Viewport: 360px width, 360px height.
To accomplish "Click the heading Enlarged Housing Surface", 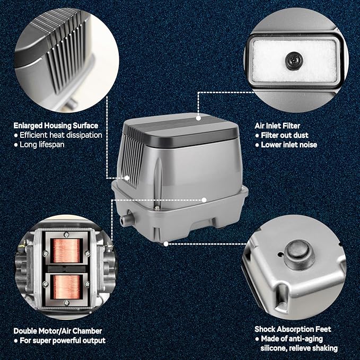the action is coord(56,126).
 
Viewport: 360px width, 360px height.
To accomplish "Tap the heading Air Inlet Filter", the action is coord(277,126).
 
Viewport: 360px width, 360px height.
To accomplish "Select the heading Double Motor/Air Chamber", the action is coord(58,331).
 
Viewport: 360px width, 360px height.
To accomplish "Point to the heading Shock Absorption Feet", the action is coord(293,329).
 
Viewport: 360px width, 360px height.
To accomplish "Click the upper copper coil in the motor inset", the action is coord(67,250).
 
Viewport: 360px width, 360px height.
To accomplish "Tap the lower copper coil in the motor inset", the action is coord(67,287).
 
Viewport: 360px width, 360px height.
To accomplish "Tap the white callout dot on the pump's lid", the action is coord(198,118).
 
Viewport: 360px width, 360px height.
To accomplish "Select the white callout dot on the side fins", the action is coord(127,178).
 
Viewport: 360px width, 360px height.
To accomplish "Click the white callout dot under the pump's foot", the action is coord(166,244).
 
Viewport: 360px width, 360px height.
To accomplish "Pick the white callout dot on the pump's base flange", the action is coord(204,200).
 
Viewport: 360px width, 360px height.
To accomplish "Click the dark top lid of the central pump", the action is coord(180,129).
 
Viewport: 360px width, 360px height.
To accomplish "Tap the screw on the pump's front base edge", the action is coord(157,207).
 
